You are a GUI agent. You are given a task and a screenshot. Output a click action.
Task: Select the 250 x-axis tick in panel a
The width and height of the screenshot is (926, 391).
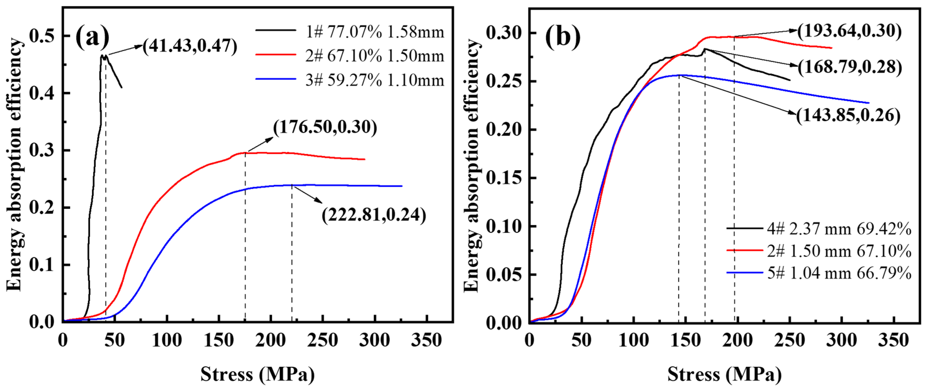coord(323,340)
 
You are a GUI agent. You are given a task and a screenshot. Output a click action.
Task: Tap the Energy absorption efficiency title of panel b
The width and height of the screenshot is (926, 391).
coord(472,165)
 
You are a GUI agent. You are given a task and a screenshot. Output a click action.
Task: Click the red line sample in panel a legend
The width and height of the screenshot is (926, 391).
coord(276,55)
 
